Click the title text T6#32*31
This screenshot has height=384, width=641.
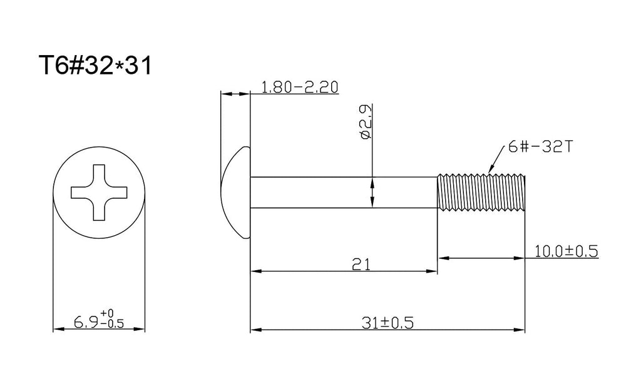(x=95, y=65)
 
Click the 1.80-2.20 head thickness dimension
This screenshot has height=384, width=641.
(x=300, y=87)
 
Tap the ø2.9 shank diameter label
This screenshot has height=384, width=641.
(x=366, y=122)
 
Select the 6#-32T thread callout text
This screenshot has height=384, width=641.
(x=540, y=146)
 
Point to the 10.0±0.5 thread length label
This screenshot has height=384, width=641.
(x=566, y=251)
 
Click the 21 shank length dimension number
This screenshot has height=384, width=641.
(x=361, y=265)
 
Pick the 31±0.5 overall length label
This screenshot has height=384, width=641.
(x=387, y=323)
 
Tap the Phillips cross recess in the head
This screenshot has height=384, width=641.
(x=99, y=192)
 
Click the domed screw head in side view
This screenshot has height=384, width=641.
(x=235, y=192)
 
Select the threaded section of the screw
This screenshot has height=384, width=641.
(x=481, y=192)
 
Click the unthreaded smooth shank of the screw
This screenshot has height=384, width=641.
(x=344, y=193)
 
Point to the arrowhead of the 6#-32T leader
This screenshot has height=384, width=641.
(x=491, y=168)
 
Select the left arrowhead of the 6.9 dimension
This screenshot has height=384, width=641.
(x=59, y=329)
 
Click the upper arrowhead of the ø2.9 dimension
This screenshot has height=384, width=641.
(x=372, y=183)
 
